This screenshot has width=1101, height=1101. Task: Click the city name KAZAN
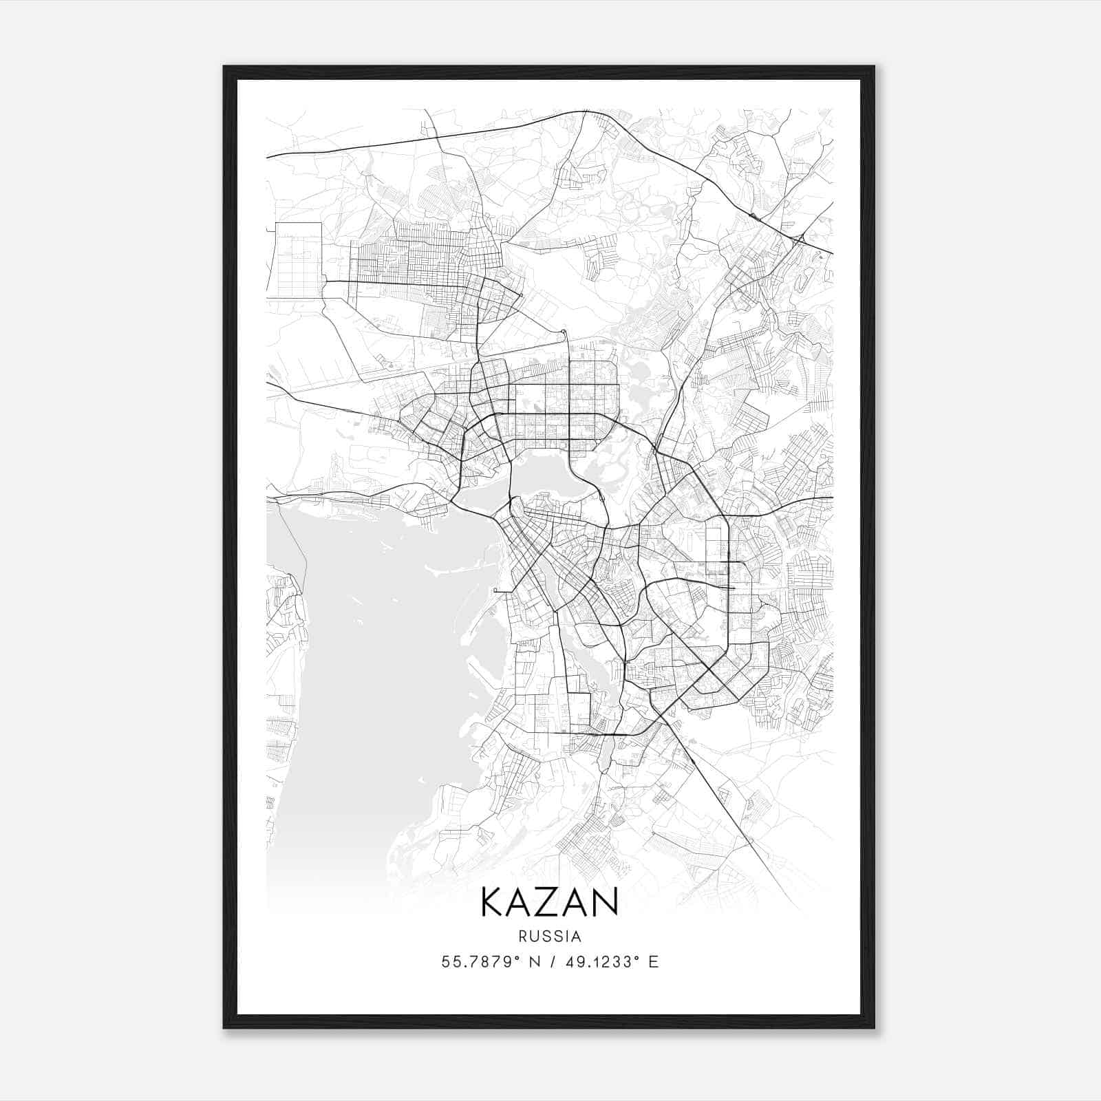point(549,902)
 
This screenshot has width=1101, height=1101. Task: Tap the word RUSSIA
point(550,937)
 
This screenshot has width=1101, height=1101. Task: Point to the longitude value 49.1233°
point(599,961)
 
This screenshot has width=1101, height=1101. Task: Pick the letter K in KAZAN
point(493,902)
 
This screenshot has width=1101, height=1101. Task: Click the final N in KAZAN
point(606,902)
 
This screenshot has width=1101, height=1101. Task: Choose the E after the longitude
point(653,961)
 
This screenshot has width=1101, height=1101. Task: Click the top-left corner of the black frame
point(225,67)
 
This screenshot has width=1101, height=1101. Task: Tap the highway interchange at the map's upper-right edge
point(799,240)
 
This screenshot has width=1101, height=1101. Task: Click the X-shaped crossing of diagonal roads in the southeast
point(709,667)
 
